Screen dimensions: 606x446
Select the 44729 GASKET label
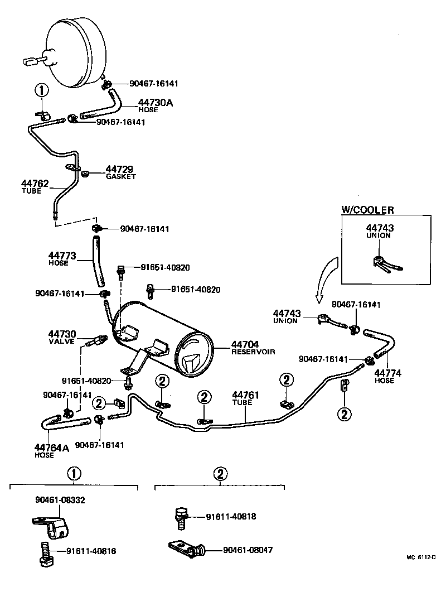click(120, 172)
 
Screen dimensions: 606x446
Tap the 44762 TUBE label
click(35, 186)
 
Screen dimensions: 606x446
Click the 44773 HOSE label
click(61, 258)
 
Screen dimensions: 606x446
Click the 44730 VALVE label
click(62, 337)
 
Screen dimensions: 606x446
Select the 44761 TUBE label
click(246, 398)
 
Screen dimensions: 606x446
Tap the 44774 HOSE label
click(384, 376)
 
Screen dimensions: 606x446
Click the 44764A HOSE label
click(46, 450)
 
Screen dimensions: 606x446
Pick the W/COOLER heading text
click(367, 210)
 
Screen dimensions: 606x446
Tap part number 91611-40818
click(231, 517)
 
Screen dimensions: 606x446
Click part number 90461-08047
click(248, 550)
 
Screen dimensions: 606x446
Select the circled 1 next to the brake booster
click(42, 90)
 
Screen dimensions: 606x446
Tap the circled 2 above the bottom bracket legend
click(220, 474)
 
